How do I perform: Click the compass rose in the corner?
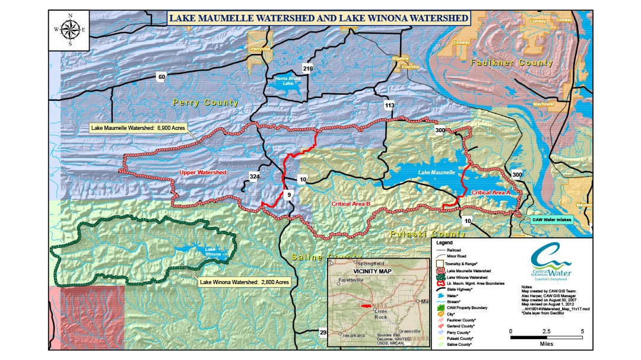(x=70, y=29)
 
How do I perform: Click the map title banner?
(x=318, y=18)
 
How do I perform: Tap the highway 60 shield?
(x=161, y=77)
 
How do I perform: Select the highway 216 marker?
(x=307, y=69)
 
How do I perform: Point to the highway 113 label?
(x=389, y=106)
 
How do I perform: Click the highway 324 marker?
(x=255, y=177)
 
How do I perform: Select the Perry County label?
(x=205, y=103)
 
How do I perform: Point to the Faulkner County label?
(x=511, y=62)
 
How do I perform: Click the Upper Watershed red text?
(x=202, y=173)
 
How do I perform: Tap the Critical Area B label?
(x=351, y=203)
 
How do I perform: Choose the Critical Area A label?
(x=491, y=193)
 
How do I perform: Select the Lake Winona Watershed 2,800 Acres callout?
(x=244, y=282)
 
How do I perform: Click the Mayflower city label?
(x=542, y=104)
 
